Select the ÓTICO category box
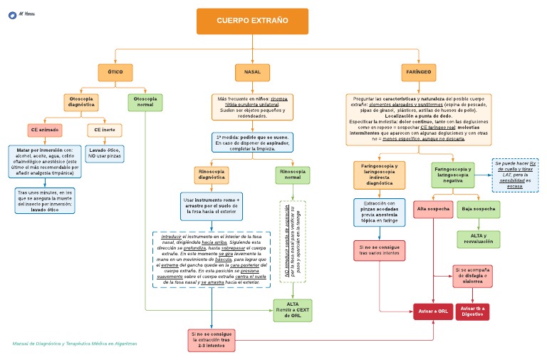tap(115, 72)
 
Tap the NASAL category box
tap(252, 72)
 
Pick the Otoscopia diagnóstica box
tap(82, 102)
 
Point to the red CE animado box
tap(45, 130)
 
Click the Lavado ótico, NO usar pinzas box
tap(104, 153)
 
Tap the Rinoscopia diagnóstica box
tap(212, 175)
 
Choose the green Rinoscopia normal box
tap(292, 175)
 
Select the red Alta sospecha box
tap(432, 209)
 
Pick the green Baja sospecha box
tap(479, 209)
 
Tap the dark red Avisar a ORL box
tap(433, 312)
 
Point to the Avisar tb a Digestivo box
tap(473, 312)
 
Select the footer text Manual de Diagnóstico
tap(75, 344)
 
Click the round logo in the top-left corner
tap(13, 14)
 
